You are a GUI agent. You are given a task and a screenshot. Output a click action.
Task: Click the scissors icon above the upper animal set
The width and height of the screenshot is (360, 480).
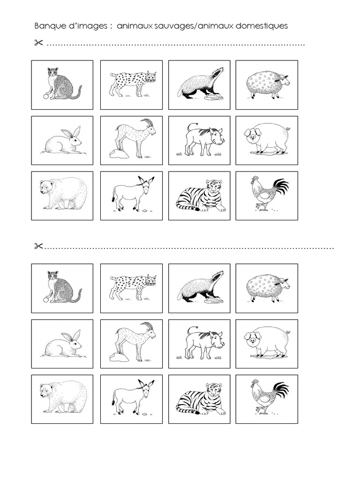coord(38,44)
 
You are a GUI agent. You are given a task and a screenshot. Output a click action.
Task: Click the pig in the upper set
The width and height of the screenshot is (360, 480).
coord(266,139)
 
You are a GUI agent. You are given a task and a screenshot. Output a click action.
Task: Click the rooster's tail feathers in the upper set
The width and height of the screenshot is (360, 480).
coord(280,186)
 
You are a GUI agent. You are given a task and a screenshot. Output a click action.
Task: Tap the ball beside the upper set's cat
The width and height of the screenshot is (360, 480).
coord(45,96)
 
